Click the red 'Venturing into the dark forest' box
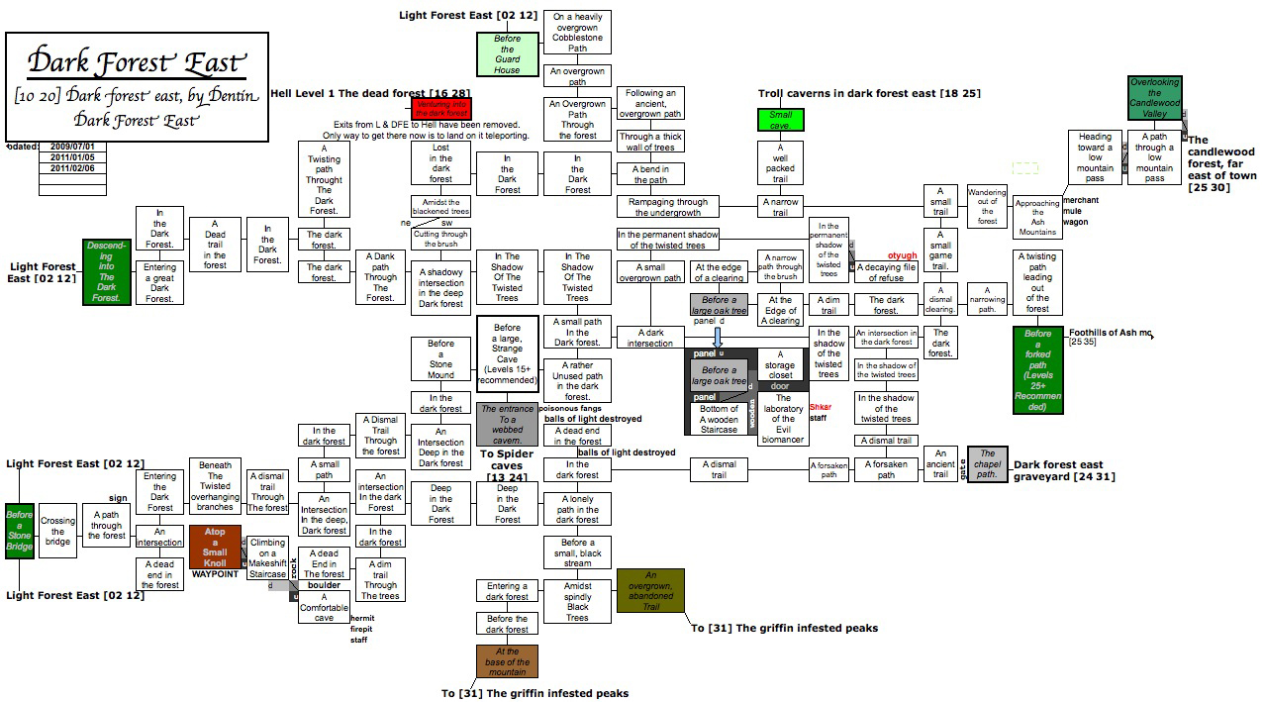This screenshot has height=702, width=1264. (x=441, y=109)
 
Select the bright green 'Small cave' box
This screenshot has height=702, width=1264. (x=781, y=120)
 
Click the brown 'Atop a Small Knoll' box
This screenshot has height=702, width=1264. (x=215, y=547)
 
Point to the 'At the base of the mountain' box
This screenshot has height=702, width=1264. (x=508, y=661)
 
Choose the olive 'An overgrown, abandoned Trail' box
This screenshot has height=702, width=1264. (x=650, y=590)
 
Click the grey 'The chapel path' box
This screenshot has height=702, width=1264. (x=987, y=465)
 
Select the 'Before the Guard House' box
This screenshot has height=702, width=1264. (x=507, y=53)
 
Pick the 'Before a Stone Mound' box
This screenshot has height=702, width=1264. (x=441, y=358)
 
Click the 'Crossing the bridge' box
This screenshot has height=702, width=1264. (x=57, y=531)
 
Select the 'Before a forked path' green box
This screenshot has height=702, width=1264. (x=1038, y=370)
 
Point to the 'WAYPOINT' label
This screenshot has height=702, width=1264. (x=215, y=574)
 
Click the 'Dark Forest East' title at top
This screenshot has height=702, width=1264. (x=136, y=62)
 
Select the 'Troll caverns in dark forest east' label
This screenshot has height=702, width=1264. (x=869, y=93)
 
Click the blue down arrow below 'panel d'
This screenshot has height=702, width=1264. (x=719, y=336)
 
